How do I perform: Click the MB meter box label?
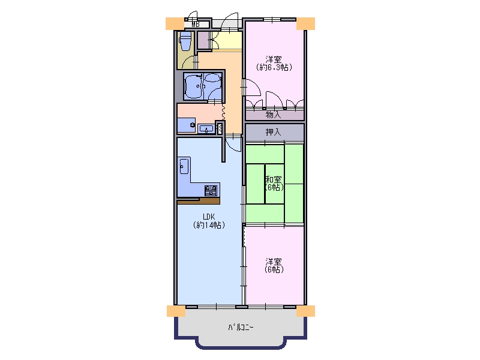click(x=196, y=24)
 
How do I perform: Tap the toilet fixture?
click(x=185, y=41)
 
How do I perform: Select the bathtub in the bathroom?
click(x=193, y=86)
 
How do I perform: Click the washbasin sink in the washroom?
click(x=206, y=128)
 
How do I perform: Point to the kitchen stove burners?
click(x=211, y=190)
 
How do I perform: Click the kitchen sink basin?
click(x=184, y=166)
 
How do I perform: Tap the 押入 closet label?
click(x=273, y=132)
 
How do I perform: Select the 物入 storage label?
click(x=273, y=115)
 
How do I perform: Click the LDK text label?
click(x=209, y=217)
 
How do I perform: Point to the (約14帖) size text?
click(x=209, y=226)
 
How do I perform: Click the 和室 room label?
click(x=274, y=179)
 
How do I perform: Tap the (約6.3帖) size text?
click(x=274, y=67)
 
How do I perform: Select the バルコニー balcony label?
click(x=241, y=328)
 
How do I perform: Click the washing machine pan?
click(x=187, y=125)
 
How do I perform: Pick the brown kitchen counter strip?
click(x=199, y=201)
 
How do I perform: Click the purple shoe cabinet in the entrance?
click(x=203, y=40)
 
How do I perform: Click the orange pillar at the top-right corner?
click(x=305, y=23)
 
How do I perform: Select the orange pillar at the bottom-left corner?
click(x=176, y=311)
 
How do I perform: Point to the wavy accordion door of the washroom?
click(x=223, y=112)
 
